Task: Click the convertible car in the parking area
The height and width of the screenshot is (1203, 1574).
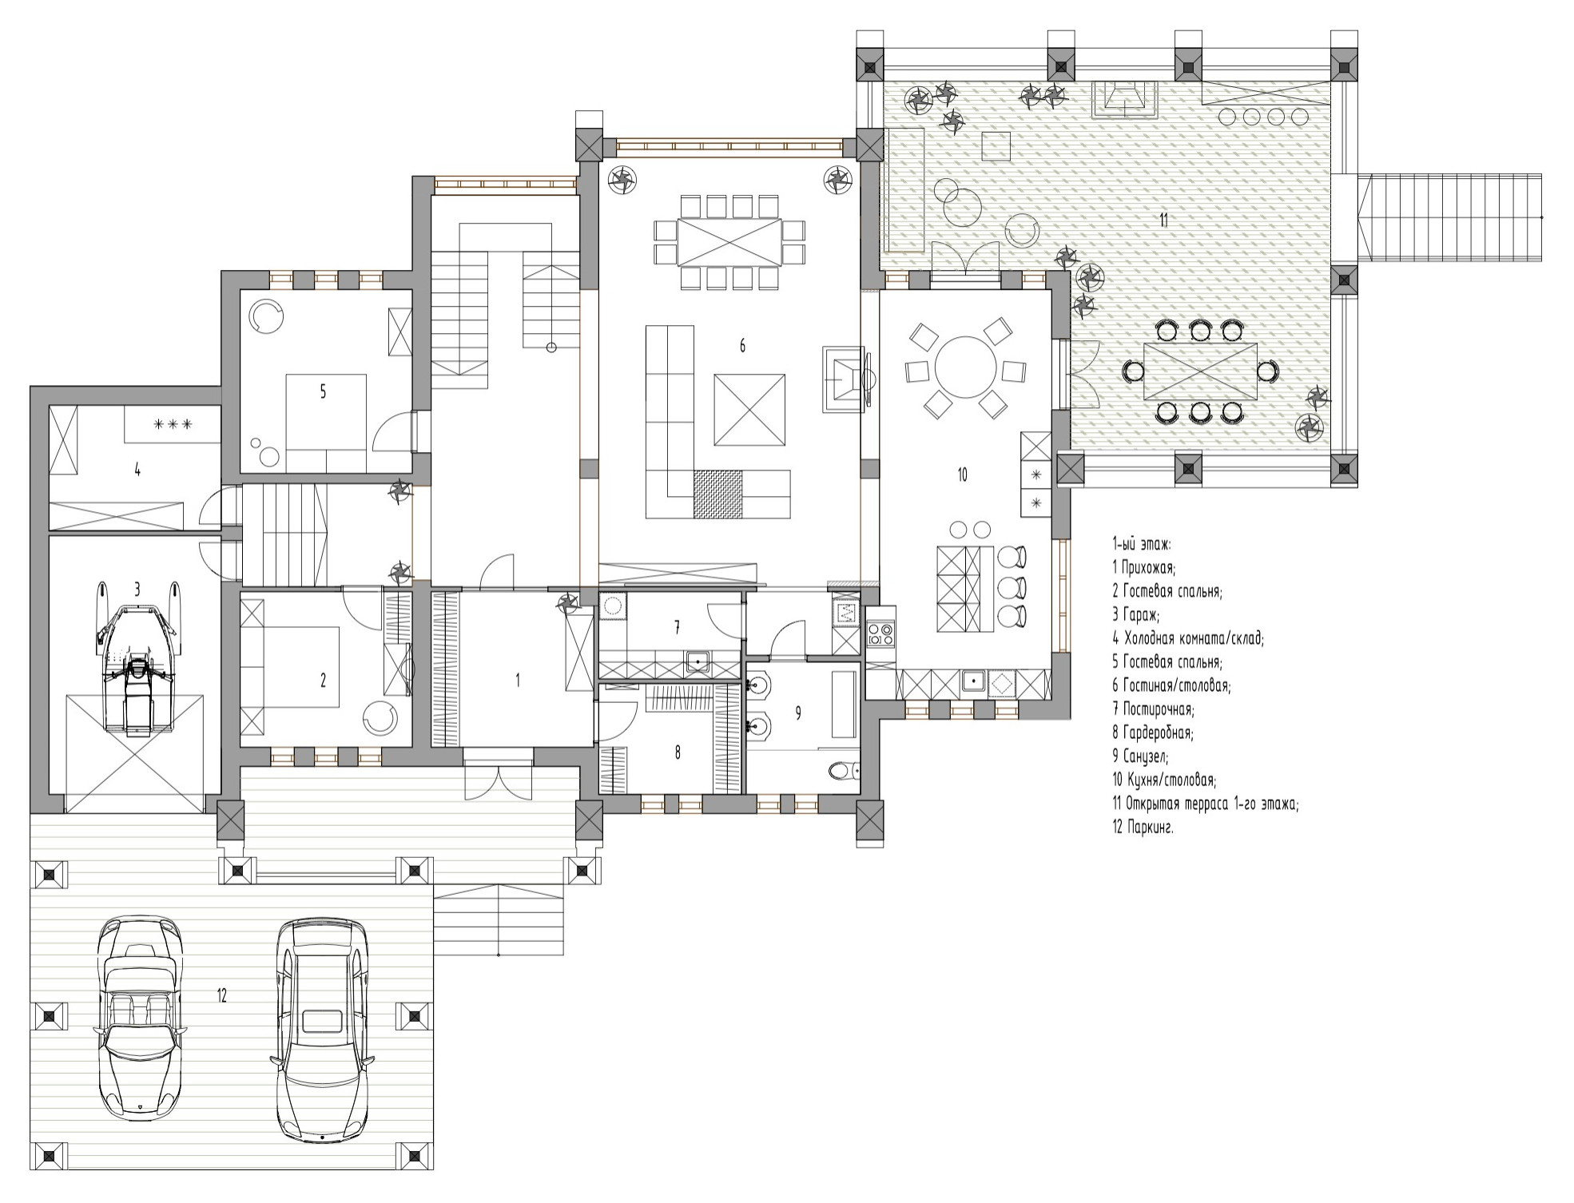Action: pyautogui.click(x=141, y=1018)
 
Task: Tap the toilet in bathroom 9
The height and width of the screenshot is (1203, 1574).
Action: pyautogui.click(x=843, y=771)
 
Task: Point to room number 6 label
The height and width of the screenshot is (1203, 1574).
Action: pyautogui.click(x=742, y=346)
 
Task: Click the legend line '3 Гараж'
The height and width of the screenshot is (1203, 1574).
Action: pyautogui.click(x=1136, y=615)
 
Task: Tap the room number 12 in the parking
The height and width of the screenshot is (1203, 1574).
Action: pyautogui.click(x=221, y=995)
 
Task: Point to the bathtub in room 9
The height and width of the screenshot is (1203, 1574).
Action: pyautogui.click(x=843, y=704)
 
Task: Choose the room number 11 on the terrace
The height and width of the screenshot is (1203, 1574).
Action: pyautogui.click(x=1163, y=220)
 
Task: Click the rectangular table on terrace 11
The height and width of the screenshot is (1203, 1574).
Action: pyautogui.click(x=1200, y=371)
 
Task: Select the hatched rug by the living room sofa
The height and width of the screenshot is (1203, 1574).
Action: pyautogui.click(x=717, y=494)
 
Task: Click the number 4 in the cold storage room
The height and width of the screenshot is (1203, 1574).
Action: pyautogui.click(x=137, y=470)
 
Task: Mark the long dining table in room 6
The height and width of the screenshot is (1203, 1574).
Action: pyautogui.click(x=729, y=241)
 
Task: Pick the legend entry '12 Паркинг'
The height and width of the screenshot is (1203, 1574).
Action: pyautogui.click(x=1143, y=828)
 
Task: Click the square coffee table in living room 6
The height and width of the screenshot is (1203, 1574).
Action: pyautogui.click(x=749, y=410)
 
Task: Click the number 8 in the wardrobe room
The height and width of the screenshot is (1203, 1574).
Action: pyautogui.click(x=678, y=752)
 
